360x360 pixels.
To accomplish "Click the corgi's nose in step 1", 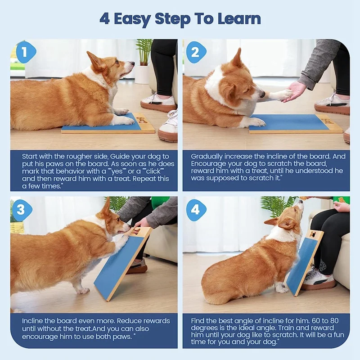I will pos(132,64).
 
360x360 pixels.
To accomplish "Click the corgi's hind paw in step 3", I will pos(82,290).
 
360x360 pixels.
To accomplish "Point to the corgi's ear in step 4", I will pos(272,221).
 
